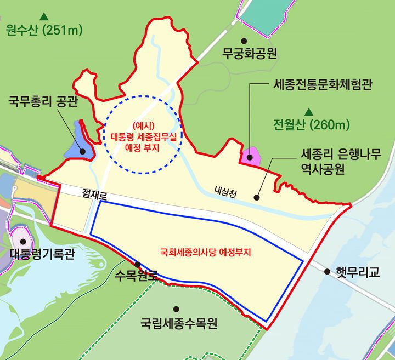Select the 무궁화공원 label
click(x=249, y=55)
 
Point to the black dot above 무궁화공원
click(x=245, y=41)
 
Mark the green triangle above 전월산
click(x=308, y=110)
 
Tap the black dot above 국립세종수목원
click(x=176, y=309)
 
